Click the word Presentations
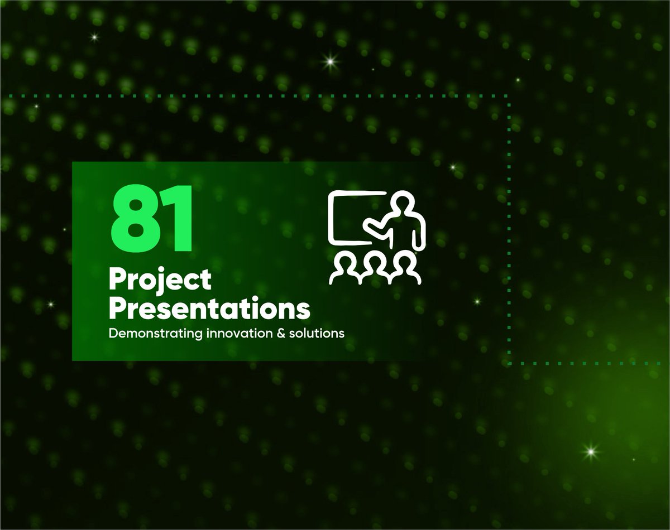pyautogui.click(x=209, y=309)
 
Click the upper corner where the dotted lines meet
pyautogui.click(x=508, y=96)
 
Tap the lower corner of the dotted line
pyautogui.click(x=509, y=363)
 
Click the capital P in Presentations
pyautogui.click(x=117, y=309)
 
